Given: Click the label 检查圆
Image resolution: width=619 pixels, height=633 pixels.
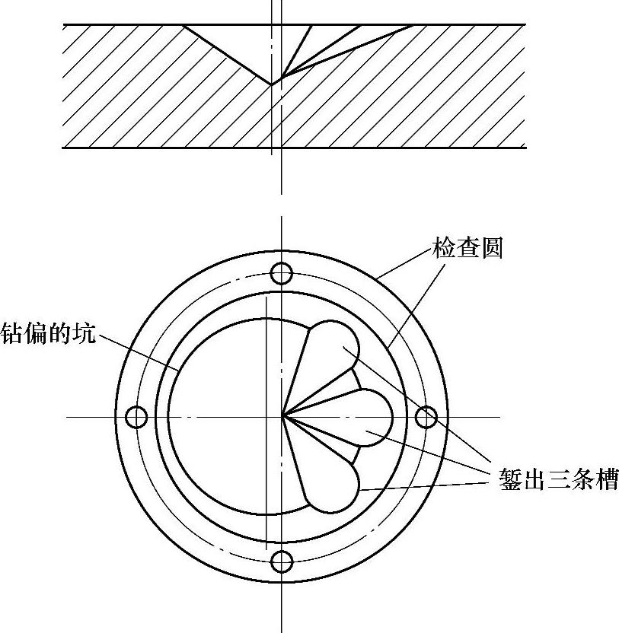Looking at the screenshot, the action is click(x=467, y=249).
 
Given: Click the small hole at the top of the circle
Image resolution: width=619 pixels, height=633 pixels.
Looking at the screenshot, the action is click(x=282, y=272).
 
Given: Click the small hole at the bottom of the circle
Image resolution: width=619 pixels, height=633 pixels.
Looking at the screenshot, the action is click(x=282, y=561).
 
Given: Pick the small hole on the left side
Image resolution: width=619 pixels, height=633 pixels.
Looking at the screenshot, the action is click(x=136, y=417).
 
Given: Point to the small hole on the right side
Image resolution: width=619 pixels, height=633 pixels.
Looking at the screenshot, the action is click(x=426, y=417).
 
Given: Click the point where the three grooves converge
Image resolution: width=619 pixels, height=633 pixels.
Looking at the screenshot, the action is click(x=283, y=416).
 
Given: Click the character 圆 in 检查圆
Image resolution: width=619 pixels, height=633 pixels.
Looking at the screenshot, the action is click(x=492, y=249).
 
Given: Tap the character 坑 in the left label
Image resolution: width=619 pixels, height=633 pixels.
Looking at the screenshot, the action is click(x=85, y=333).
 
